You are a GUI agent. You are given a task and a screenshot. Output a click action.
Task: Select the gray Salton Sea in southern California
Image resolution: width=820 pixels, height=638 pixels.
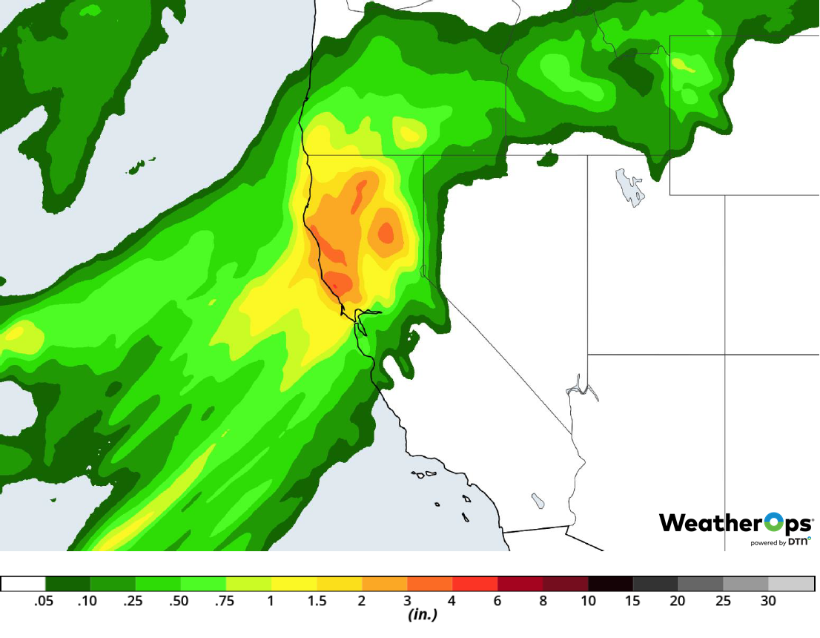coord(538,501)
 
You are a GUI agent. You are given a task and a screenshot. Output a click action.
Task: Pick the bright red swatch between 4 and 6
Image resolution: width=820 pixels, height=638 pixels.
coord(475,584)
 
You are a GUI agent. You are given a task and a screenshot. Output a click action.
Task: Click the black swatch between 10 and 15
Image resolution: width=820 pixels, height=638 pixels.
coord(611,584)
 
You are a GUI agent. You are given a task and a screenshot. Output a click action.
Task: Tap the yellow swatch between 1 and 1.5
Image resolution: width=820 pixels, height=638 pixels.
coord(294,584)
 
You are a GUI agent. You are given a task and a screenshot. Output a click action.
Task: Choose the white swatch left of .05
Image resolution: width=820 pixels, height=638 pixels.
coord(23,584)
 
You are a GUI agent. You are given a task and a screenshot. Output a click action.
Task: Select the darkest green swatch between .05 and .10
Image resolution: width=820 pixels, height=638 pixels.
coord(68,584)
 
